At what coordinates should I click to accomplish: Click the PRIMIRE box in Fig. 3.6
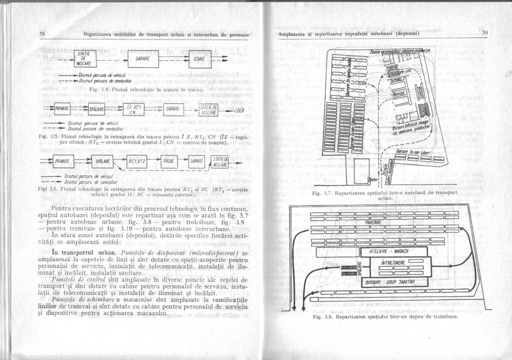coord(64,161)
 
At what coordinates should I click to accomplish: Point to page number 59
coord(485,33)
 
